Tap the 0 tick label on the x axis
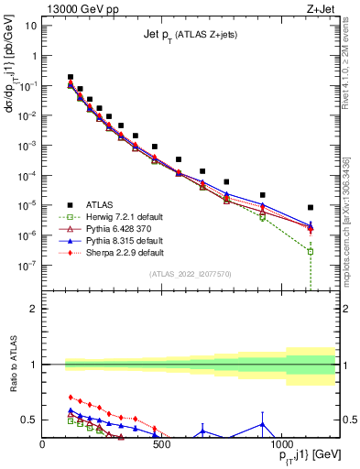[43, 447]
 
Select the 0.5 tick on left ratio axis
[30, 420]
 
